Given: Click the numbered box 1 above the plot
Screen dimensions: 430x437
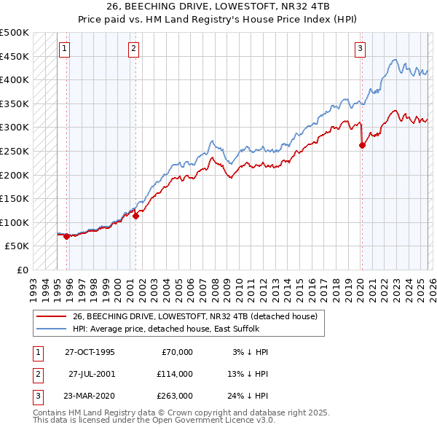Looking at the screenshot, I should click(65, 49).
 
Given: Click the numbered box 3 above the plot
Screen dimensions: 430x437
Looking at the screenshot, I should click(361, 49).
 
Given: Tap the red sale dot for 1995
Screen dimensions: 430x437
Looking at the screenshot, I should click(66, 236).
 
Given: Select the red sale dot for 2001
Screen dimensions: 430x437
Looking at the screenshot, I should click(135, 216).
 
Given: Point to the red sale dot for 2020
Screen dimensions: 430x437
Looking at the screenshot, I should click(362, 145).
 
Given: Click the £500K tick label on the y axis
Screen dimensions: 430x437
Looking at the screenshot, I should click(15, 33).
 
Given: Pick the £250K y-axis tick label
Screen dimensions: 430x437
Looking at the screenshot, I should click(15, 151).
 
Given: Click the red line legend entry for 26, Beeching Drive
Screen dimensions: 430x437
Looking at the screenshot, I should click(194, 317).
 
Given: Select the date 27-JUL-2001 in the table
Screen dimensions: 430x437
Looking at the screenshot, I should click(92, 374).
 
